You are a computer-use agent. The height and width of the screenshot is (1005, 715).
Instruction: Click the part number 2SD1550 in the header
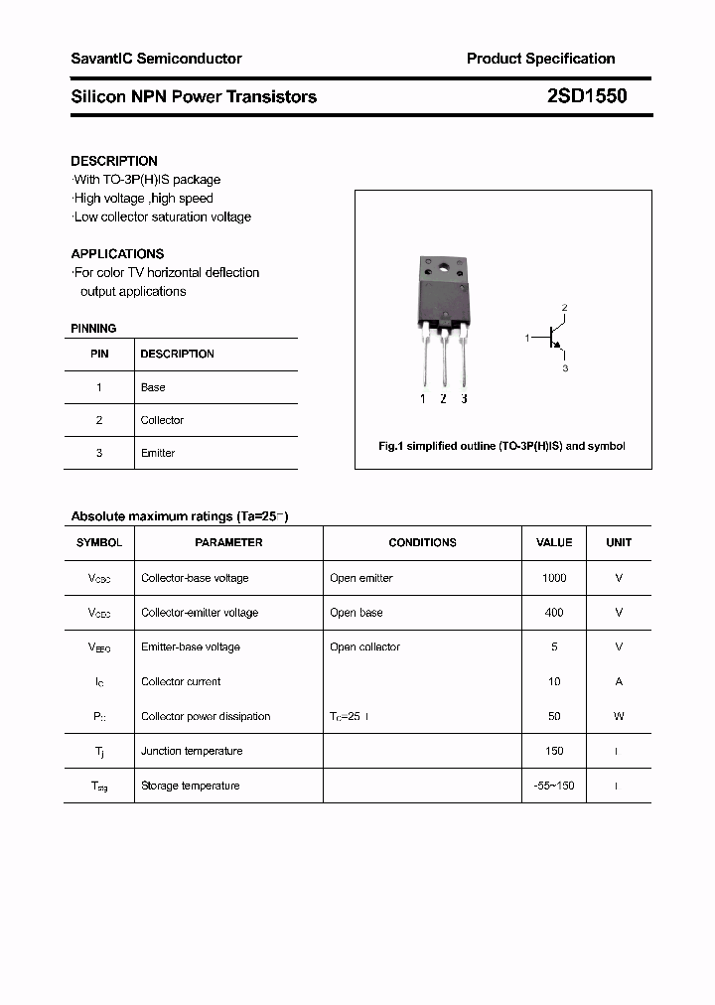pos(586,96)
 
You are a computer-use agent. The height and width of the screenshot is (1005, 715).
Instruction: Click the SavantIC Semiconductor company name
pos(156,59)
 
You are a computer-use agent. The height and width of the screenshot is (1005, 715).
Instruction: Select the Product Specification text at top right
pos(540,59)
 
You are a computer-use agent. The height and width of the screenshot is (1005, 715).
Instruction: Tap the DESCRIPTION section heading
pos(114,161)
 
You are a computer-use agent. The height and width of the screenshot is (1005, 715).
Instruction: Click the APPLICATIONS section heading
pos(117,253)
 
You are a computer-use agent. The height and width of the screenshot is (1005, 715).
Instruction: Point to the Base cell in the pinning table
pos(153,387)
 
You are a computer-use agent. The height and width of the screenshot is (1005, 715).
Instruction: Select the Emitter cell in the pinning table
pos(158,453)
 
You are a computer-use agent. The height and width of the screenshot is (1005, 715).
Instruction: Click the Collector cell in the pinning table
pos(162,420)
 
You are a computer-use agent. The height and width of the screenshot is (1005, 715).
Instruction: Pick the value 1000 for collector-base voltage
pos(554,578)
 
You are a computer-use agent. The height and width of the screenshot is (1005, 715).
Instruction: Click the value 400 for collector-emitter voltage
pos(554,613)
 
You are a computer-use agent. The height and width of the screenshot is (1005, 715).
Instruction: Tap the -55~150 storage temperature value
pos(554,786)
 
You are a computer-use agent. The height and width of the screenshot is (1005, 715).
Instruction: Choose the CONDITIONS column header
pos(422,542)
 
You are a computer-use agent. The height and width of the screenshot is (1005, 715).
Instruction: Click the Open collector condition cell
pos(364,647)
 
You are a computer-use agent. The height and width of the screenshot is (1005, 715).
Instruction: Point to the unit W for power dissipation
pos(618,716)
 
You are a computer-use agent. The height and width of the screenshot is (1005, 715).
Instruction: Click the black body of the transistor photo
pos(442,294)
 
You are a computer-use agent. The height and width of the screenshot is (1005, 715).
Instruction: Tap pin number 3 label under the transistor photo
pos(464,399)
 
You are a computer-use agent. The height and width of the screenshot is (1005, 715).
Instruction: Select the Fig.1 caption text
pos(501,446)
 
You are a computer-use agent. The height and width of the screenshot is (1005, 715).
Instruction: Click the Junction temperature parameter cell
pos(192,751)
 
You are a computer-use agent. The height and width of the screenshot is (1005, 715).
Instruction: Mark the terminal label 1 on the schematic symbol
pos(527,339)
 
